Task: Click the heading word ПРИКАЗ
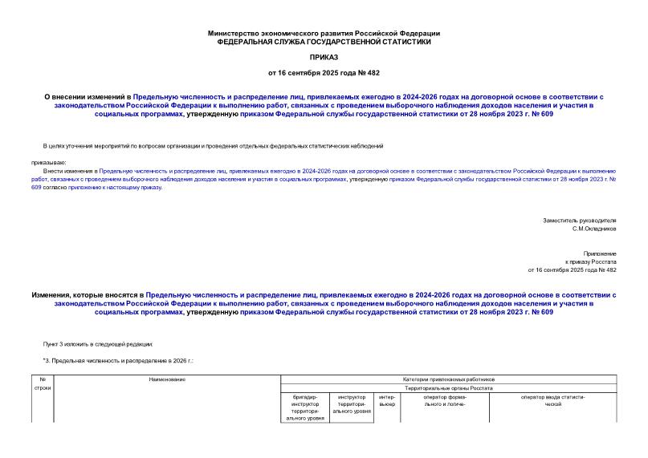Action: pyautogui.click(x=324, y=58)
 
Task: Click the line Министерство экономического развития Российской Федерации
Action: pyautogui.click(x=324, y=33)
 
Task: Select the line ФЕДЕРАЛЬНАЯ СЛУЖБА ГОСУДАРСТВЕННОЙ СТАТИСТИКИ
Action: pyautogui.click(x=324, y=41)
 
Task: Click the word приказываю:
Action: pyautogui.click(x=50, y=163)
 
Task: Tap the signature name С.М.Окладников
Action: pyautogui.click(x=594, y=229)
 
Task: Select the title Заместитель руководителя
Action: pyautogui.click(x=579, y=220)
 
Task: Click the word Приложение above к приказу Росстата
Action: pyautogui.click(x=600, y=253)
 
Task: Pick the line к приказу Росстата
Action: pyautogui.click(x=591, y=261)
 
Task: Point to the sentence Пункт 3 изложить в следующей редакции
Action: pyautogui.click(x=97, y=343)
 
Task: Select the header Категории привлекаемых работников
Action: pyautogui.click(x=448, y=379)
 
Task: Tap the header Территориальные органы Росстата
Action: pyautogui.click(x=448, y=387)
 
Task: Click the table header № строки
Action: pyautogui.click(x=43, y=383)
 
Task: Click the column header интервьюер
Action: pyautogui.click(x=387, y=400)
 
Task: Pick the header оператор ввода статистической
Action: pyautogui.click(x=552, y=400)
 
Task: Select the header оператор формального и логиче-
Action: pyautogui.click(x=445, y=400)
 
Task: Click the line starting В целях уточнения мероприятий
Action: pyautogui.click(x=212, y=146)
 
